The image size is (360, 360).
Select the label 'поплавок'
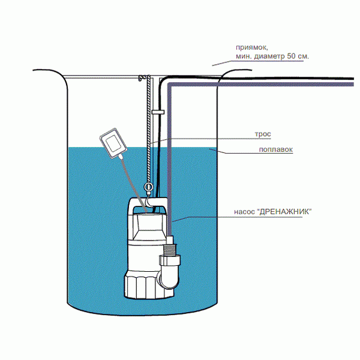click(x=276, y=150)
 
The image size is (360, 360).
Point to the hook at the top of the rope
click(x=143, y=78)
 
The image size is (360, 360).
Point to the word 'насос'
click(x=244, y=212)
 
